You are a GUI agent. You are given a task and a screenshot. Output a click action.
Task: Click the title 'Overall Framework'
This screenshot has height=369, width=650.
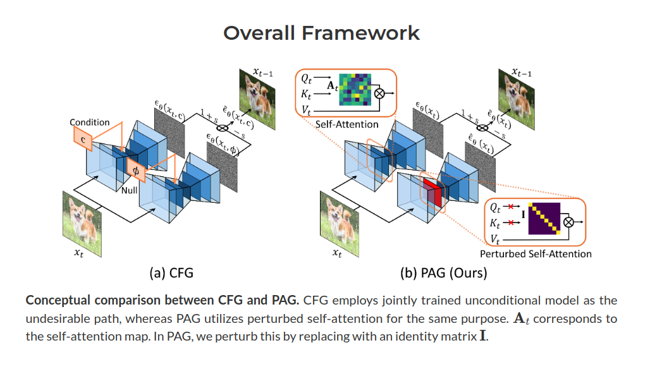pyautogui.click(x=321, y=33)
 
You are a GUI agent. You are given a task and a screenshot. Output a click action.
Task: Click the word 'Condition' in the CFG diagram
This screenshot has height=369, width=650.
pyautogui.click(x=89, y=122)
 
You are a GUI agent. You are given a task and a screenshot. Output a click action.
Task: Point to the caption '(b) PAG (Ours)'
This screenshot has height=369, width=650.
pyautogui.click(x=436, y=274)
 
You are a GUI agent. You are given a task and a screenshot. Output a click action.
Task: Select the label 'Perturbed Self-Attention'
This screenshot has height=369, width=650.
pyautogui.click(x=536, y=254)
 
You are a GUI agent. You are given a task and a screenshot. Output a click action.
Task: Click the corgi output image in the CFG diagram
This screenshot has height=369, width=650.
pyautogui.click(x=259, y=97)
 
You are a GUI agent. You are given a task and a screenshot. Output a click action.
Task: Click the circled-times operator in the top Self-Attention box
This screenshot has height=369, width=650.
pyautogui.click(x=381, y=94)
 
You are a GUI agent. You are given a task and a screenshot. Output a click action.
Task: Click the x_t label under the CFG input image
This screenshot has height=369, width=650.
pyautogui.click(x=79, y=252)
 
